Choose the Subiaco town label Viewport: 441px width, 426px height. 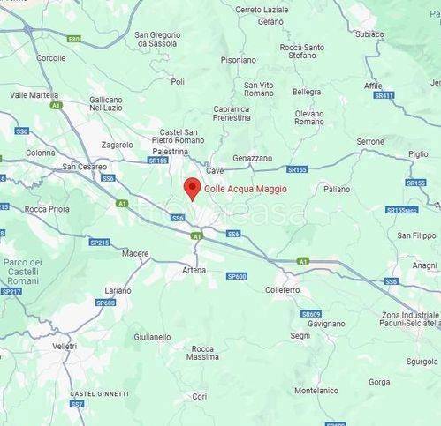tap(369, 34)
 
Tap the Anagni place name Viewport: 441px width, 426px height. tap(425, 265)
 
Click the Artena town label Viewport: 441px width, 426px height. tap(194, 269)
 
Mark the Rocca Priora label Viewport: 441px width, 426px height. tap(48, 209)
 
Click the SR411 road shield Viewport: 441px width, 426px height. tap(384, 96)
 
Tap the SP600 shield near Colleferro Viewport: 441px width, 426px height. tap(236, 276)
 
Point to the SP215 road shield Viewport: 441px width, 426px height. tap(99, 243)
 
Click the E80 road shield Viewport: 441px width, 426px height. tap(73, 39)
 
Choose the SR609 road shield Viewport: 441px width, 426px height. tap(310, 314)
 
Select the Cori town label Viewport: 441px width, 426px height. tap(201, 396)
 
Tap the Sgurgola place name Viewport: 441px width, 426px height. tap(422, 361)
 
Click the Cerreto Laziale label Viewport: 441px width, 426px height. tap(262, 10)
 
